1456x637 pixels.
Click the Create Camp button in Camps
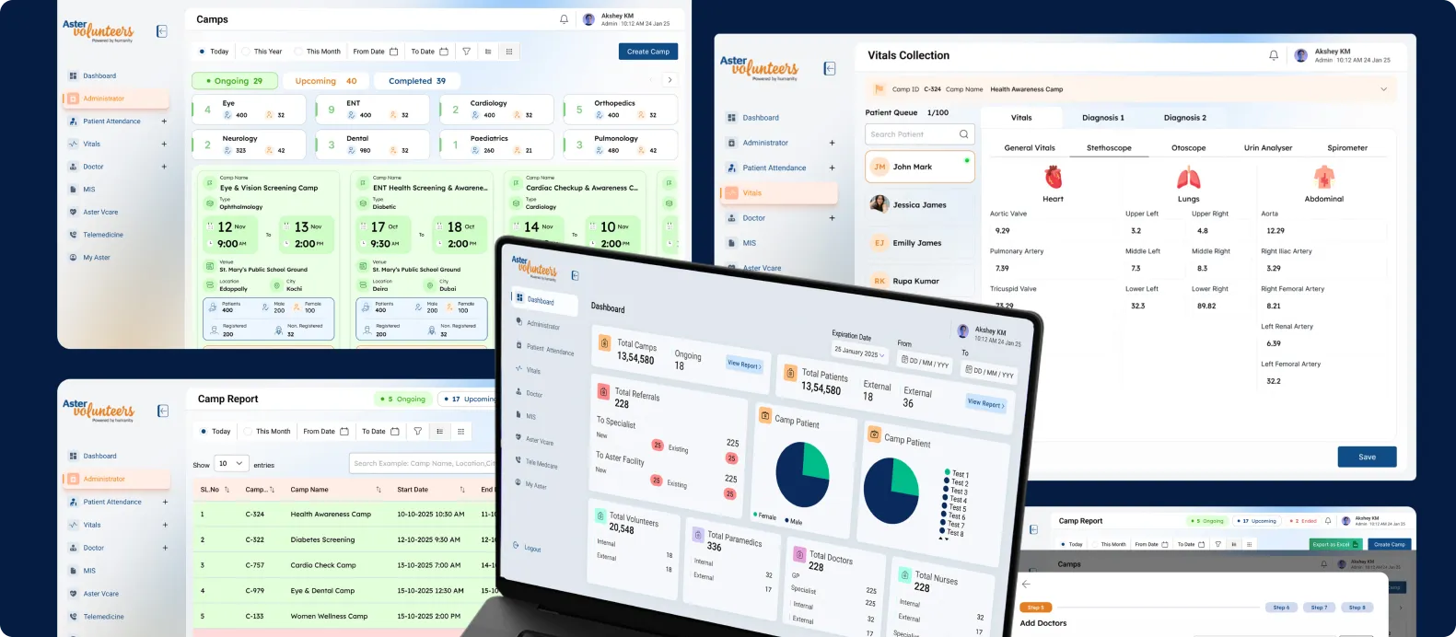647,52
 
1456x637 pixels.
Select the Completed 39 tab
416,81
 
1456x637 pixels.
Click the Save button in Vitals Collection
1367,457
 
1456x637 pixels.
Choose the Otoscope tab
1188,148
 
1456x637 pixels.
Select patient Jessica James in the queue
919,205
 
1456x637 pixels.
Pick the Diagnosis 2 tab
1184,118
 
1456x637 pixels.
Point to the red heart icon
1053,177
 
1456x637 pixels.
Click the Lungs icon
1188,178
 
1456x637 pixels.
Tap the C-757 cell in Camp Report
255,565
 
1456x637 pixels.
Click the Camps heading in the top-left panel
212,19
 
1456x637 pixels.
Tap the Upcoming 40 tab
325,81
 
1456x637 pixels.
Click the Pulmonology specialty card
620,145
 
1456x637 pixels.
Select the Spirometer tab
1346,148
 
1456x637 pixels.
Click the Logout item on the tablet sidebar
531,549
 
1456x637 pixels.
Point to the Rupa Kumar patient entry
915,281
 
